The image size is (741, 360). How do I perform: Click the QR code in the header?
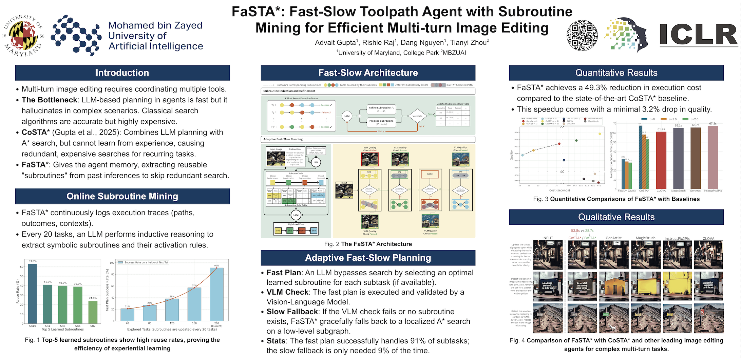coord(582,36)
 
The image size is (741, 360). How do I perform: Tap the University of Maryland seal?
coord(23,36)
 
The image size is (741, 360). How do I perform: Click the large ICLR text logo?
coord(698,35)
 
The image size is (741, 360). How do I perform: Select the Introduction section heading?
coord(122,73)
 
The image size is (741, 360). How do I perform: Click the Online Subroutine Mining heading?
coord(122,196)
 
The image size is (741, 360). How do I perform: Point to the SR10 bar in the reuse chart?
coord(33,293)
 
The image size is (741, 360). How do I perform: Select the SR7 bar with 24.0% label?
coord(93,312)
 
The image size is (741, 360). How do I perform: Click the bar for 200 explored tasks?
coord(216,294)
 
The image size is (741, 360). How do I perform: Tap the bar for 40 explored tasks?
coord(127,315)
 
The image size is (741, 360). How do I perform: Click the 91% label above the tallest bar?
coord(216,265)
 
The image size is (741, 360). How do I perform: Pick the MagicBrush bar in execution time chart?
coord(678,158)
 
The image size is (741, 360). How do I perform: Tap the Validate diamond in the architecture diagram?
coord(417,116)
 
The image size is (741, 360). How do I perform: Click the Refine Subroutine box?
coord(381,109)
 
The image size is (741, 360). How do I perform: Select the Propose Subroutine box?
coord(381,122)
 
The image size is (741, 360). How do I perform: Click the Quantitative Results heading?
coord(616,73)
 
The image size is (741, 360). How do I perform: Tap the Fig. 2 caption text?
coord(368,244)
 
